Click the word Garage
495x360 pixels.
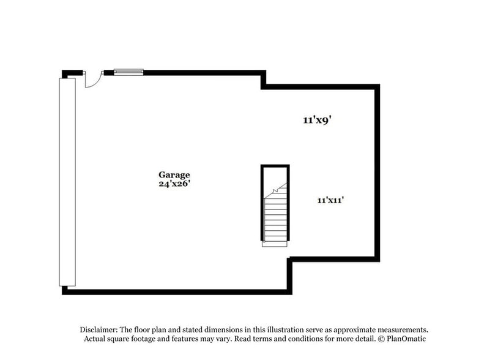point(175,174)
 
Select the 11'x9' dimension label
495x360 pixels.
point(317,121)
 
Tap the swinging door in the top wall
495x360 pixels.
point(92,79)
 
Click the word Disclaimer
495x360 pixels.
point(100,329)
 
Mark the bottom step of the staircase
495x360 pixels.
point(275,242)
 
